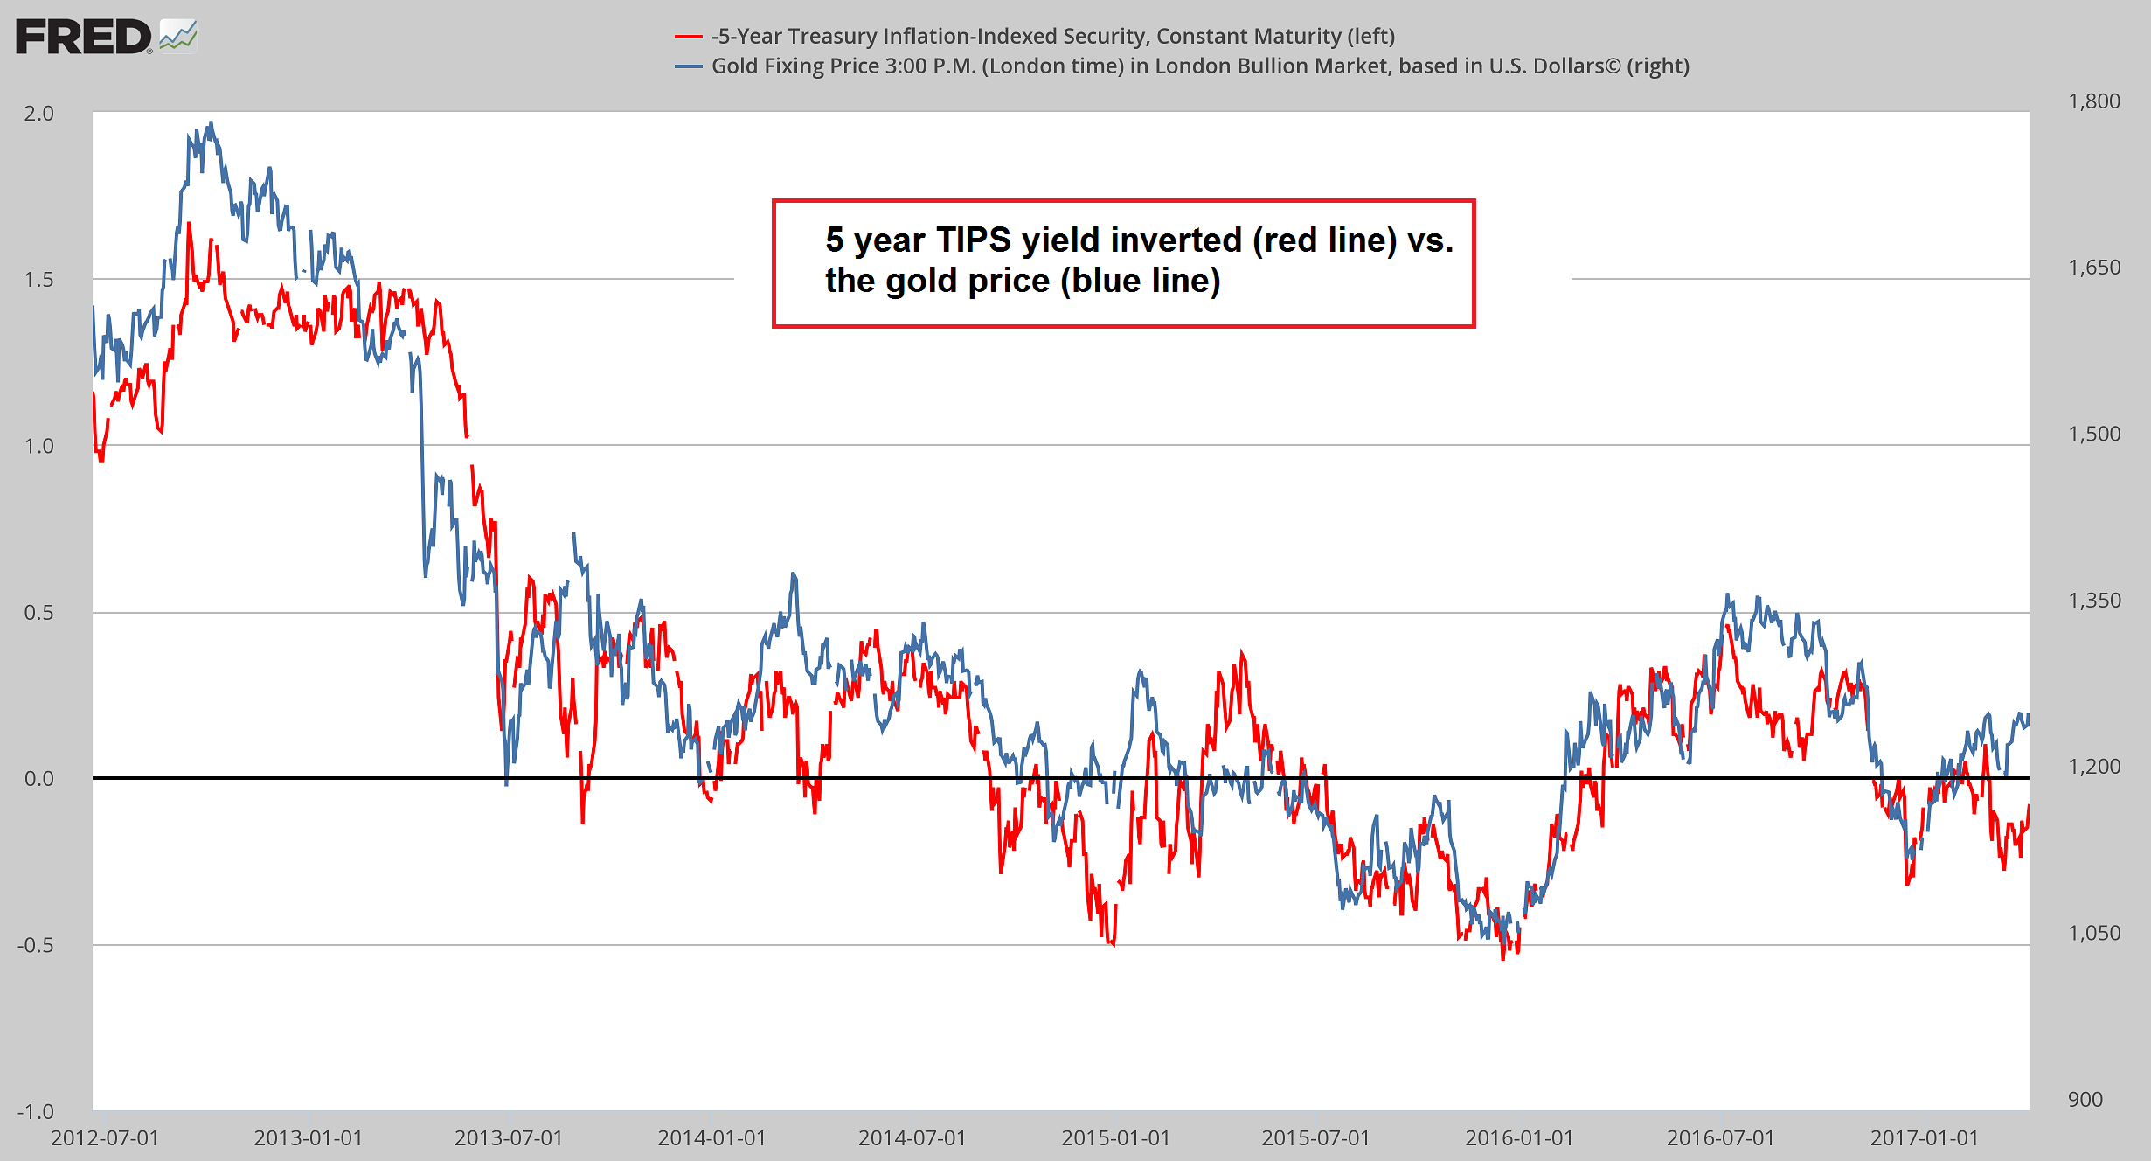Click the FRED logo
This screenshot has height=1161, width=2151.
tap(105, 37)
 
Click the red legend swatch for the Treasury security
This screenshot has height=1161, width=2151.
tap(689, 37)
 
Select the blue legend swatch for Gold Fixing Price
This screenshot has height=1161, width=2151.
tap(689, 66)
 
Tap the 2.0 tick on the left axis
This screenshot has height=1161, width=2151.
tap(38, 114)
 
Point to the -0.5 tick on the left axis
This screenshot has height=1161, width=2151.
tap(35, 945)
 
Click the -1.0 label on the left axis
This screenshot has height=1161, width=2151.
tap(35, 1111)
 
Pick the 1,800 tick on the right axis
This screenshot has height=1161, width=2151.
tap(2093, 101)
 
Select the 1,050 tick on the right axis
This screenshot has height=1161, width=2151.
tap(2093, 933)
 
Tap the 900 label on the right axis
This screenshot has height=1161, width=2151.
tap(2085, 1099)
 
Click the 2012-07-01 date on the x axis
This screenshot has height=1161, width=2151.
tap(105, 1137)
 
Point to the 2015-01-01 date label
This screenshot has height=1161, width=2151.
tap(1115, 1137)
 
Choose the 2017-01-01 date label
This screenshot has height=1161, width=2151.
tap(1924, 1137)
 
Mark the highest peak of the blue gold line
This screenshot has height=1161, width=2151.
tap(211, 123)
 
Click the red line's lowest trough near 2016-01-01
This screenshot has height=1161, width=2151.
tap(1503, 959)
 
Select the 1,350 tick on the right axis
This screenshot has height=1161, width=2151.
tap(2093, 601)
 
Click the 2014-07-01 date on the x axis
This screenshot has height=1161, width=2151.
tap(912, 1137)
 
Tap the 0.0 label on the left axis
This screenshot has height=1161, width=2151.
tap(38, 779)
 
